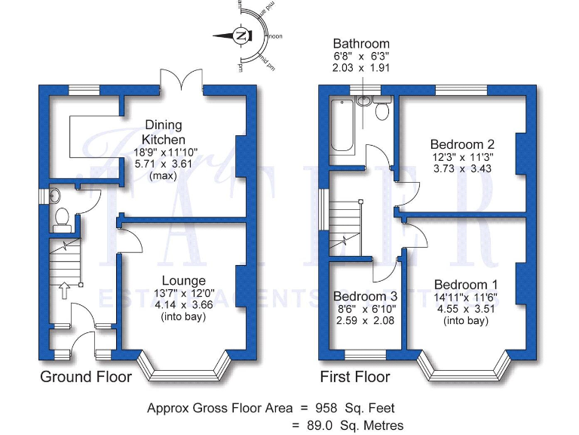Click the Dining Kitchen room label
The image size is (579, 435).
tap(164, 133)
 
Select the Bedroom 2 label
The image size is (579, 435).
tap(461, 144)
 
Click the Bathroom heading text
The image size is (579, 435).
tap(361, 44)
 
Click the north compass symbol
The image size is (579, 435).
tap(240, 36)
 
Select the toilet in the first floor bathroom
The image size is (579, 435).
tap(381, 111)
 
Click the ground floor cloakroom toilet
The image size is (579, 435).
tap(63, 219)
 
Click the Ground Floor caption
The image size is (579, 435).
tap(86, 377)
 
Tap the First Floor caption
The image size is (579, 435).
tap(355, 377)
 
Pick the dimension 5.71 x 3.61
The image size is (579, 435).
tap(164, 163)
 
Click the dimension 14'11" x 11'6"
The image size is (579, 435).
tap(465, 298)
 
